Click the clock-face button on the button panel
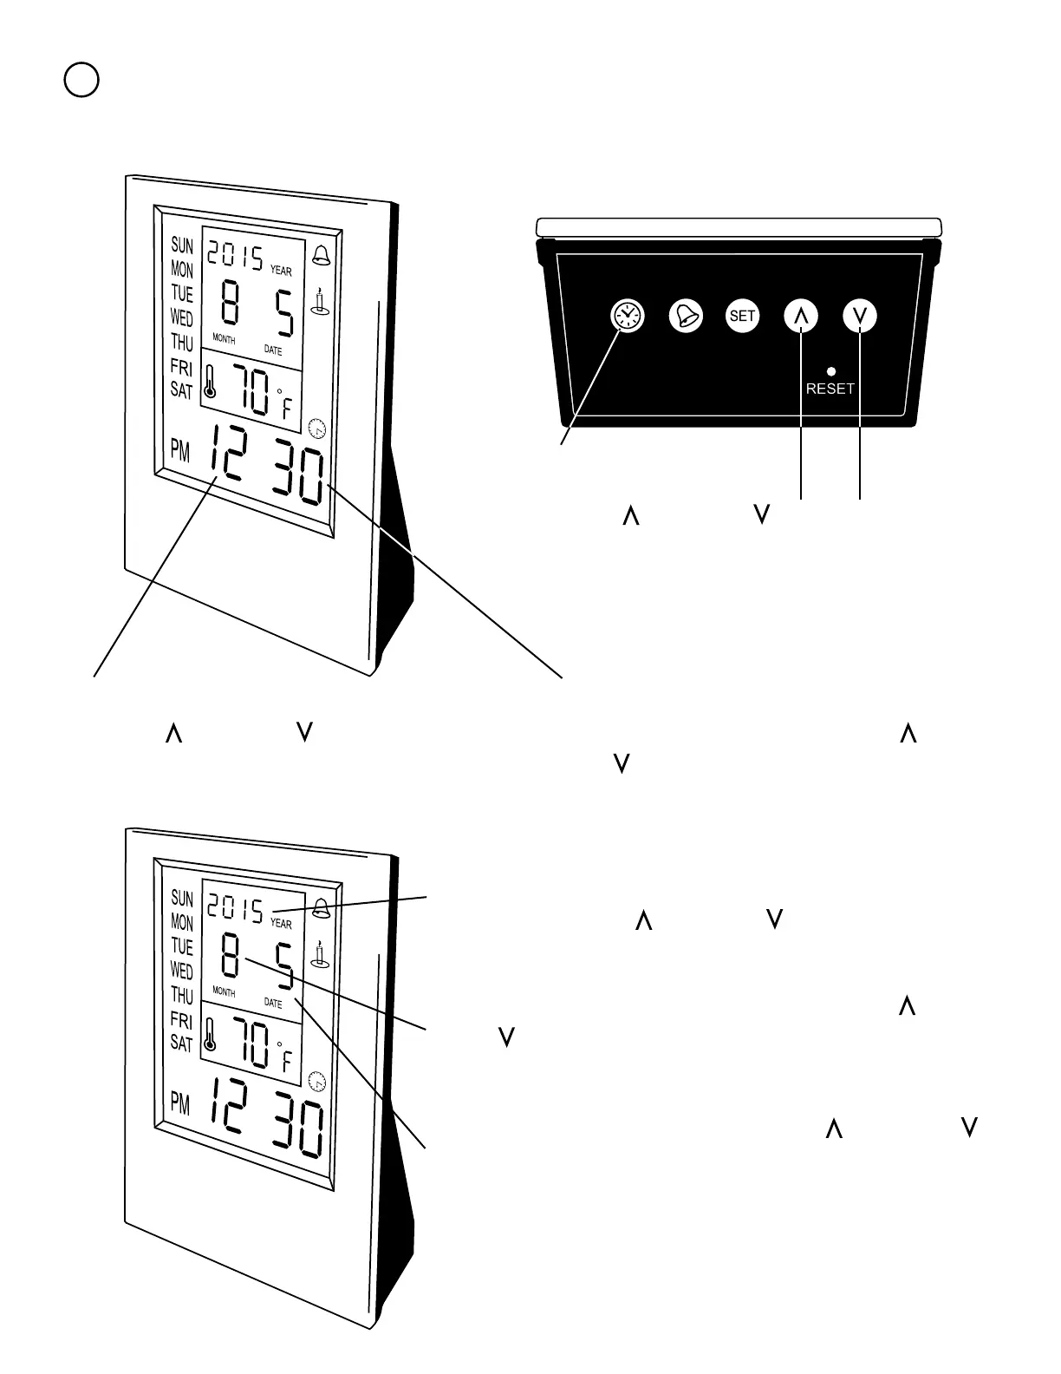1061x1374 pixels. click(x=628, y=316)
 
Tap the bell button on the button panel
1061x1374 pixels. click(x=686, y=316)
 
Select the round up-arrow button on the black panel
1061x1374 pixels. click(x=801, y=316)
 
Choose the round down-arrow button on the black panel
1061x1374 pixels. click(x=860, y=316)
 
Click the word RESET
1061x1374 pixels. click(x=830, y=389)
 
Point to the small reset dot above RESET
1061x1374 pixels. click(x=831, y=371)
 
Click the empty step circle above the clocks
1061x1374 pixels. click(x=81, y=80)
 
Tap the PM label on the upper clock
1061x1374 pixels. click(x=180, y=451)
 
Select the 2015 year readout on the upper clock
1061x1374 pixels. click(x=234, y=255)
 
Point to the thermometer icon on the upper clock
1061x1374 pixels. click(x=209, y=381)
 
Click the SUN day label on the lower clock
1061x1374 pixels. click(x=182, y=899)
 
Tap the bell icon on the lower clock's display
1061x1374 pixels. click(x=321, y=908)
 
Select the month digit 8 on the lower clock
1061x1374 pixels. click(x=230, y=956)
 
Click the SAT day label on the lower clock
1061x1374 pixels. click(x=181, y=1043)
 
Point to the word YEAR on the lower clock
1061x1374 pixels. click(x=281, y=925)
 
